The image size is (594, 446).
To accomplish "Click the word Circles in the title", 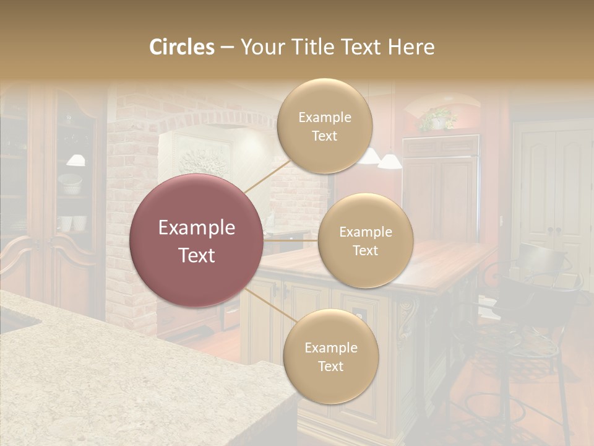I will (182, 47).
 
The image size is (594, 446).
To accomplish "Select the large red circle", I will (197, 241).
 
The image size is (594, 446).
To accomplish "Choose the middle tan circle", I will (365, 241).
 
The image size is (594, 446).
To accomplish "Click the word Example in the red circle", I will (197, 228).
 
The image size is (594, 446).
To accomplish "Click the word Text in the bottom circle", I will (330, 366).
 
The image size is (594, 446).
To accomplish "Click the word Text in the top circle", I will (324, 136).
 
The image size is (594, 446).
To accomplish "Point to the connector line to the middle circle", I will (291, 240).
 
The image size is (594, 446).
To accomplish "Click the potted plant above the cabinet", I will (438, 118).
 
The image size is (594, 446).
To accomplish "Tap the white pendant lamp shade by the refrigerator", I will (389, 162).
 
